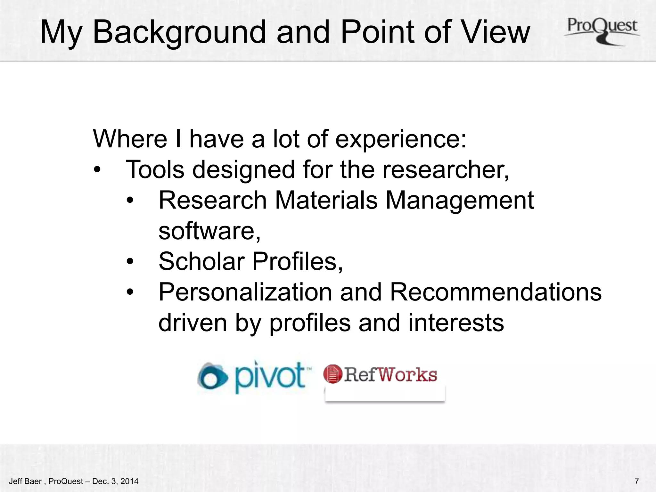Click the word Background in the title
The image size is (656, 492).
179,32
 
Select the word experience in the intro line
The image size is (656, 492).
400,139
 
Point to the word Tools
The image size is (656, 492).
155,169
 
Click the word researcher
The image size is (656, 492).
445,169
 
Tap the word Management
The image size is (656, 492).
460,200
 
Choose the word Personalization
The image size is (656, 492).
245,292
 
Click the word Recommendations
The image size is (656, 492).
496,292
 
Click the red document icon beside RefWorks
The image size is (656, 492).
332,374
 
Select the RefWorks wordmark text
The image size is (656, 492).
390,374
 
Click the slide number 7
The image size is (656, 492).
636,481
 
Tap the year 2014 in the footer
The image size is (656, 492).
129,481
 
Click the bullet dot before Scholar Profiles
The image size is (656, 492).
130,261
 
